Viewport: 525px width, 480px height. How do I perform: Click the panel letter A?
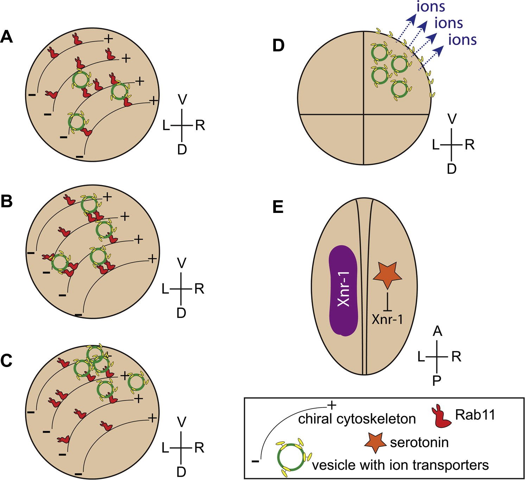[7, 37]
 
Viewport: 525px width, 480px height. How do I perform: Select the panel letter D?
[278, 46]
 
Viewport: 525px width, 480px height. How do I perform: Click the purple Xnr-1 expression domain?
[343, 291]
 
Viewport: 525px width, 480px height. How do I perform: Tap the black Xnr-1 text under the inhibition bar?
[387, 320]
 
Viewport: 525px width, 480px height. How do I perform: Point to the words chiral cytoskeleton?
[357, 419]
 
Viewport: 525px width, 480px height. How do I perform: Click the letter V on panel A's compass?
[182, 100]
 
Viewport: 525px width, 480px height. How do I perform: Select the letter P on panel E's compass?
[437, 381]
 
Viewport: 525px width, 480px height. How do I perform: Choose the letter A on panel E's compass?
[437, 331]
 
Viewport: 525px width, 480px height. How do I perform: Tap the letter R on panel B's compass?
[199, 289]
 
